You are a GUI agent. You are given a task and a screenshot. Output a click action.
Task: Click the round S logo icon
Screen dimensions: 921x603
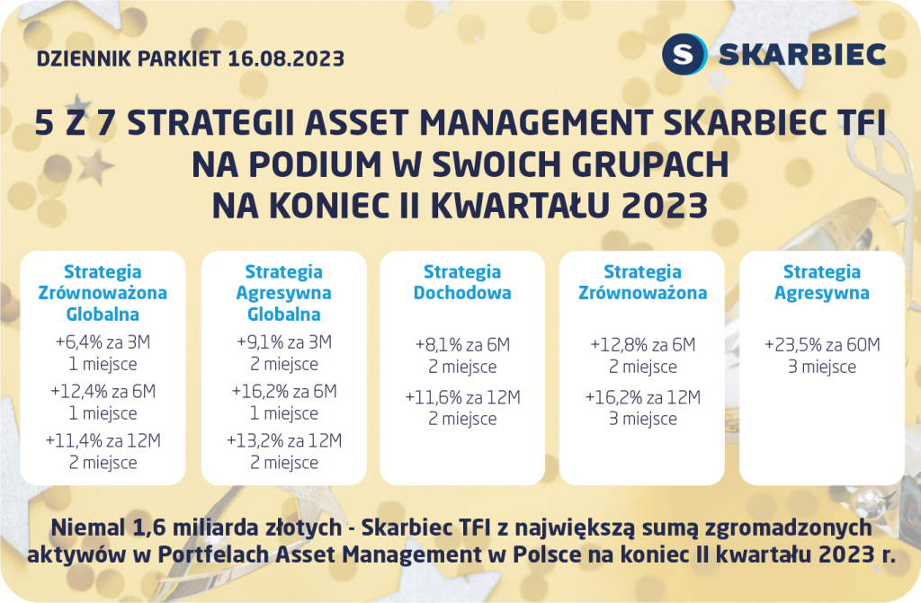click(x=684, y=55)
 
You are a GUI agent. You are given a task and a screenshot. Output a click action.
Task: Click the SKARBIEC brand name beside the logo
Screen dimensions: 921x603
click(x=802, y=55)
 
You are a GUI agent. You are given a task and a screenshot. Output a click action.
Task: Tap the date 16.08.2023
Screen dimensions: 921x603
click(x=286, y=58)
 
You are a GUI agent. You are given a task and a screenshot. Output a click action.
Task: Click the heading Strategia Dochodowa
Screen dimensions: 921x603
click(x=462, y=282)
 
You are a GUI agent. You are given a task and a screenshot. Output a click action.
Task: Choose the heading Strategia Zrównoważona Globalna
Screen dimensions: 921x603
click(x=103, y=293)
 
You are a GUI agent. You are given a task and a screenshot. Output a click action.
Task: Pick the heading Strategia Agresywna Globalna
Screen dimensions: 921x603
click(x=283, y=293)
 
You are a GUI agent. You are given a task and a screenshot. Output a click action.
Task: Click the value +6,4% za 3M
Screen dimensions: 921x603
click(x=103, y=341)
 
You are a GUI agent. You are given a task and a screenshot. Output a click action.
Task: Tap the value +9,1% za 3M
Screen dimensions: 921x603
click(x=284, y=341)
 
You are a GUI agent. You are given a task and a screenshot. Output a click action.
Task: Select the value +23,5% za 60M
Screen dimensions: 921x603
click(x=822, y=345)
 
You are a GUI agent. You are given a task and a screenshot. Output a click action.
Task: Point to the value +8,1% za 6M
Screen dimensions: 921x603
click(x=463, y=345)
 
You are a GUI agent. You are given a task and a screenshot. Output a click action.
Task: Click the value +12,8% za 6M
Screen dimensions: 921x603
click(x=642, y=345)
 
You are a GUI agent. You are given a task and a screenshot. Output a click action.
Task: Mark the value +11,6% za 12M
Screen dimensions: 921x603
click(x=463, y=397)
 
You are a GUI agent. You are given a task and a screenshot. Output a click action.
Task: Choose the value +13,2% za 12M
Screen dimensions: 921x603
click(x=284, y=440)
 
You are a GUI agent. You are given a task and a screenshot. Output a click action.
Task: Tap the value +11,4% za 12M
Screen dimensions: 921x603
click(x=103, y=440)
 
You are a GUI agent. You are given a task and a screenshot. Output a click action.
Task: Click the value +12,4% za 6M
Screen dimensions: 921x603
click(x=103, y=391)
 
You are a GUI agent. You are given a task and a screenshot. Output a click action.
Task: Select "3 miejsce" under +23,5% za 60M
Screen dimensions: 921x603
click(x=822, y=367)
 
